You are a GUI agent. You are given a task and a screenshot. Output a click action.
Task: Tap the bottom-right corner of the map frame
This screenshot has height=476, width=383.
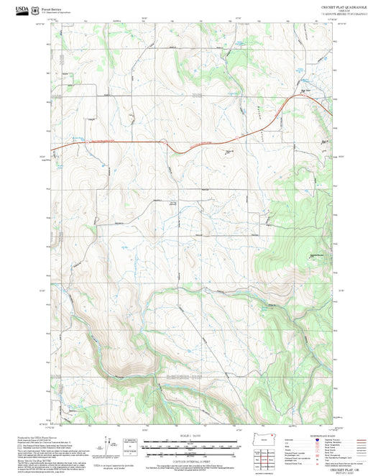[x=332, y=424]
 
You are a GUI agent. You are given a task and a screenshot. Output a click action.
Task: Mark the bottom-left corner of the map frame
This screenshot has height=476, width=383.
[x=50, y=424]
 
